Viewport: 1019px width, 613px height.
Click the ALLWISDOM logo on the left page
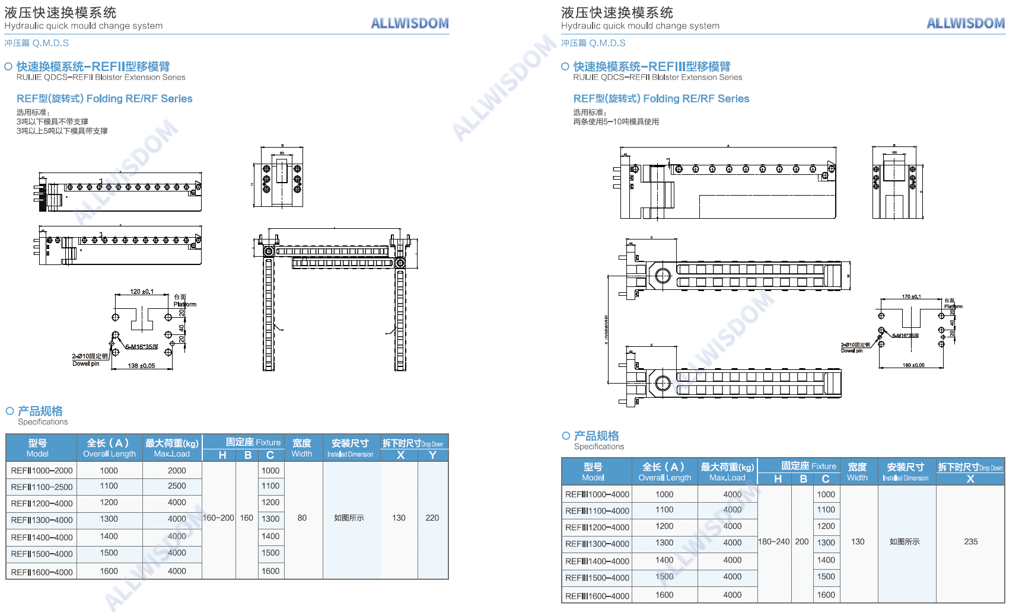pos(409,23)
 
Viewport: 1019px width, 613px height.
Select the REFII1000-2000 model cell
pos(42,471)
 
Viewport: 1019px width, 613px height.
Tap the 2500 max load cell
pos(177,486)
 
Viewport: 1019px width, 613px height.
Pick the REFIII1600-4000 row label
pos(597,596)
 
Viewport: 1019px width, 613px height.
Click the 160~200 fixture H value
pos(218,518)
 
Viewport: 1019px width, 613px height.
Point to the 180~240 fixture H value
pos(774,542)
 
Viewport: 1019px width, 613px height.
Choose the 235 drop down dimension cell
pos(970,542)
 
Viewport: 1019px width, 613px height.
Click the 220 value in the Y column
pos(432,518)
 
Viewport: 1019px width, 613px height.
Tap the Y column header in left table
pos(432,455)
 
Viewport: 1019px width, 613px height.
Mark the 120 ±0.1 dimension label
pos(142,292)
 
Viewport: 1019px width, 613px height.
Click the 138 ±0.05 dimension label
pos(141,366)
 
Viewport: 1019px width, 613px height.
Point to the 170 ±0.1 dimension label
pos(911,296)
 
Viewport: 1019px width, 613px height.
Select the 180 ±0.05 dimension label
pos(913,365)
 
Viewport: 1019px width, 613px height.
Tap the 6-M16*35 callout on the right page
pos(905,336)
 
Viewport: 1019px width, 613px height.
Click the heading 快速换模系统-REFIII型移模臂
pos(651,66)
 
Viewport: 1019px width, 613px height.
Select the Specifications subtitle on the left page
pos(43,422)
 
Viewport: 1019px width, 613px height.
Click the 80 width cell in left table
pos(302,518)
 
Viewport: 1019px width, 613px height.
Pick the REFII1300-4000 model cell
pos(42,521)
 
